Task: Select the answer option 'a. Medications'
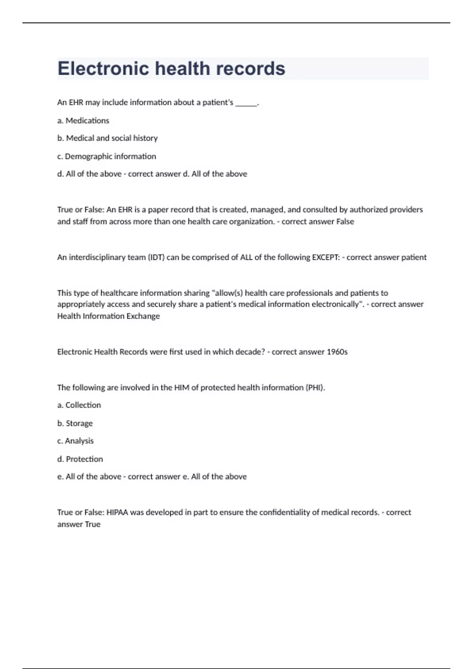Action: pos(83,120)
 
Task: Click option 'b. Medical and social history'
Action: pos(107,138)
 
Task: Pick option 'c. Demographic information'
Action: pos(106,156)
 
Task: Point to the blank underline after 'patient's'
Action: pos(246,103)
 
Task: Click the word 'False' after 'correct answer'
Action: pos(345,222)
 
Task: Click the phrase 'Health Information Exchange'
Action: pos(108,316)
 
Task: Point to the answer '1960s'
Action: pos(337,352)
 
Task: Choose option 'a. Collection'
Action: pos(79,405)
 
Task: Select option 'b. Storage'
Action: pos(75,423)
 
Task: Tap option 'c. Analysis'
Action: pos(75,441)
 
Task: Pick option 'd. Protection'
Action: pos(80,459)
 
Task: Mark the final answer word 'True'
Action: pos(93,524)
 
